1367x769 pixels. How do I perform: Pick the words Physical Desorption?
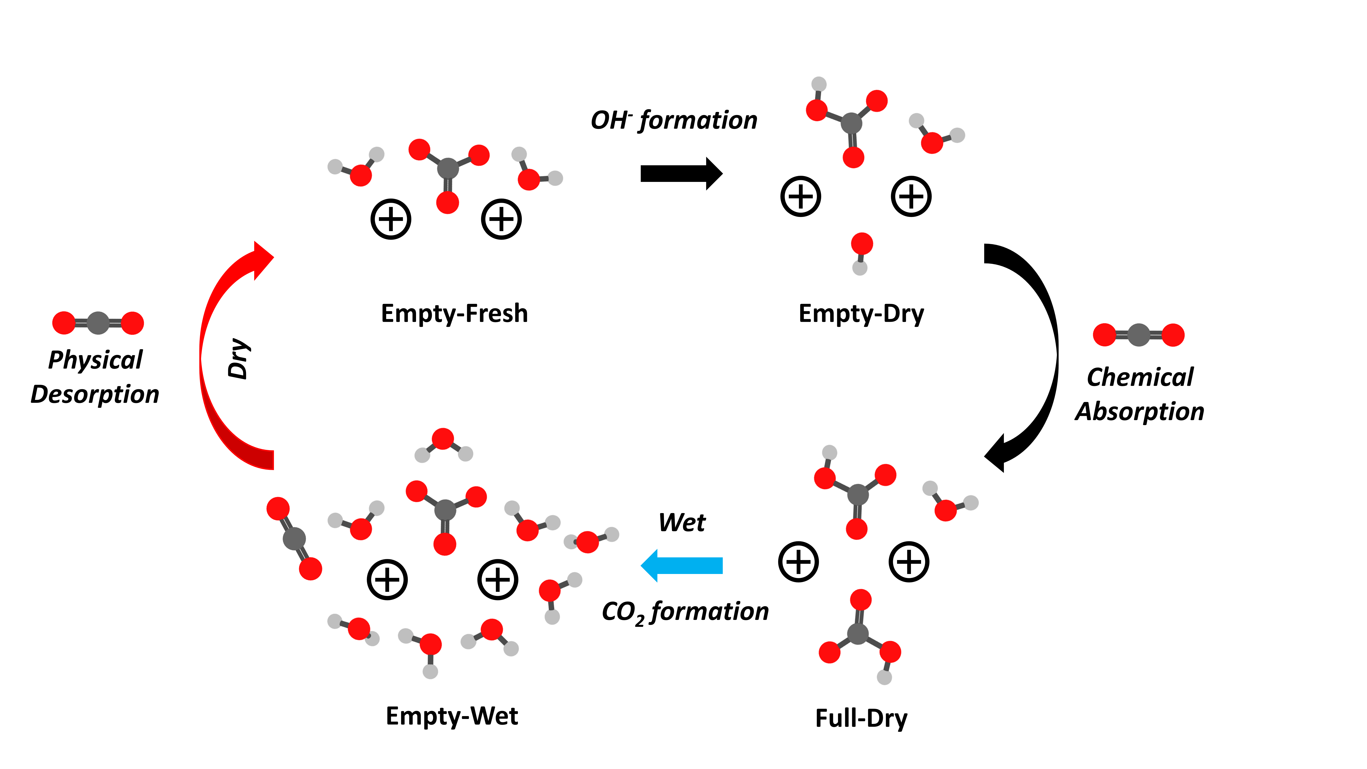pos(95,377)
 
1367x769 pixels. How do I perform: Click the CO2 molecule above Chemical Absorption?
pos(1139,335)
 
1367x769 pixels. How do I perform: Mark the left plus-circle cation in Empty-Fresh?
pos(391,219)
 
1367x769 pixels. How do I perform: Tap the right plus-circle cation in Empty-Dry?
pos(911,196)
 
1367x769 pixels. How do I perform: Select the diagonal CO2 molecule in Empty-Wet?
pos(294,539)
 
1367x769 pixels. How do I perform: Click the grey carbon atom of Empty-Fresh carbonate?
pos(447,168)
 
